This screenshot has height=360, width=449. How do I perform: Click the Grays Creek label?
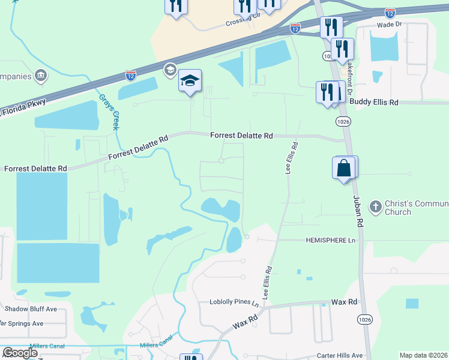tap(109, 110)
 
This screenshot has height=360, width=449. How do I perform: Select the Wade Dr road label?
tap(387, 25)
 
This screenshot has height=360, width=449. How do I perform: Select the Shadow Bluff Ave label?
tap(31, 309)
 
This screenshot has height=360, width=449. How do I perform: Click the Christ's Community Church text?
tap(407, 208)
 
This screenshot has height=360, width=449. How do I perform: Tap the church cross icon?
tap(375, 207)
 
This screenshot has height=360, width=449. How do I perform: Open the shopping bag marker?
tap(344, 168)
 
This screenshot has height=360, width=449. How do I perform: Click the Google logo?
tap(20, 353)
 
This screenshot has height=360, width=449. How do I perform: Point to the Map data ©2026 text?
tap(423, 355)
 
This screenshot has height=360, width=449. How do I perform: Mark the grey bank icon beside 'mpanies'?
tap(41, 76)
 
